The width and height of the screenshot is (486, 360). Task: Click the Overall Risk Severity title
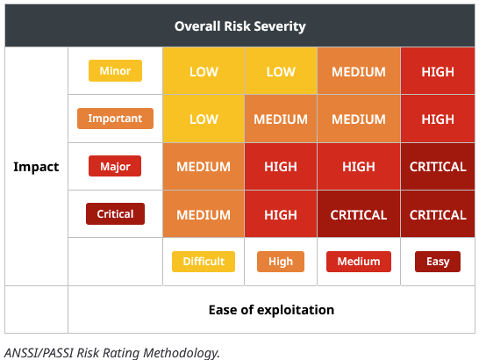tap(239, 26)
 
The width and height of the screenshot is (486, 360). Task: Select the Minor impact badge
tap(115, 71)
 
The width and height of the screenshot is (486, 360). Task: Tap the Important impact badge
tap(115, 119)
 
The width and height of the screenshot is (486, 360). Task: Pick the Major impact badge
tap(115, 166)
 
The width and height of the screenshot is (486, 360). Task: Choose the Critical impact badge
tap(115, 214)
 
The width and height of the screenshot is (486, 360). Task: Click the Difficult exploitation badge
tap(204, 262)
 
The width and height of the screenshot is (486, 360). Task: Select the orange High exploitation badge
tap(281, 262)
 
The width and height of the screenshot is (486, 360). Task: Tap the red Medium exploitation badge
tap(359, 262)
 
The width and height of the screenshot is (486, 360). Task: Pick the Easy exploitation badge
tap(438, 262)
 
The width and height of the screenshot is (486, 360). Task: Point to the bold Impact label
tap(36, 167)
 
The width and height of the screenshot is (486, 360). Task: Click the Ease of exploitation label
tap(271, 310)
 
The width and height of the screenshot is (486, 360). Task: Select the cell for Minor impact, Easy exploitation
tap(438, 71)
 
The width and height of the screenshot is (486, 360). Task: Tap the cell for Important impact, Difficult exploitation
tap(204, 119)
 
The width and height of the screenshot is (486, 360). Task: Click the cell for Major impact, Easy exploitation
tap(438, 166)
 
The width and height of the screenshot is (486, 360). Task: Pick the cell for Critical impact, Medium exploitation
tap(359, 214)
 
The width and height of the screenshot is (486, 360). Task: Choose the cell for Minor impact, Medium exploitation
tap(359, 71)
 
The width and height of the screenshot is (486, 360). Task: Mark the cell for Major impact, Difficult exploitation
tap(204, 166)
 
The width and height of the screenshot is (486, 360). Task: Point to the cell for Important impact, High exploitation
tap(281, 119)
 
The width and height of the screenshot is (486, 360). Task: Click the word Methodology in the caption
tap(182, 353)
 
